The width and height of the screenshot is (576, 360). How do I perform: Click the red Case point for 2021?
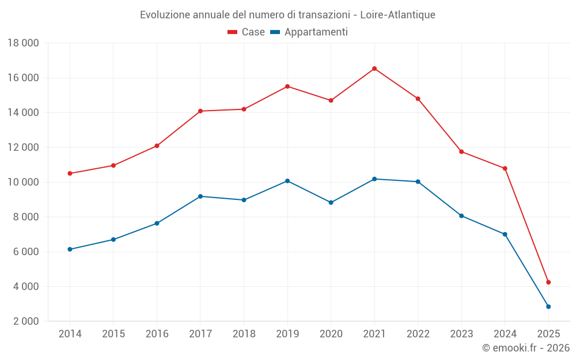coord(374,69)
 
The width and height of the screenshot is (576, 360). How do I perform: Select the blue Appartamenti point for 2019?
coord(287,181)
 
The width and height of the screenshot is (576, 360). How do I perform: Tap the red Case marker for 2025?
coord(548,282)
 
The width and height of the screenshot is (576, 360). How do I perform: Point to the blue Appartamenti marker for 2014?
coord(70,249)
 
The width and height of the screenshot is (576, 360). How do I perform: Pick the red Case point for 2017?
coord(200,111)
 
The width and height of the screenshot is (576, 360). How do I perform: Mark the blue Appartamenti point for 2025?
coord(548,306)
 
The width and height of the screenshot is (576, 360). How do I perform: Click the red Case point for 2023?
coord(461,151)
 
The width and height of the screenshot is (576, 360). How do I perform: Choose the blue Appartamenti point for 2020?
coord(331,203)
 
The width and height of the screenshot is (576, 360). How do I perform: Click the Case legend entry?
coord(247,32)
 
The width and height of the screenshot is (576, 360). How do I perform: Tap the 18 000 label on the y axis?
coord(23,43)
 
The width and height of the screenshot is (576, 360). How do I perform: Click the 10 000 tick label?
coord(23,182)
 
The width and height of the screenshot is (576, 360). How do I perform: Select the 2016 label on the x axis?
coord(157,334)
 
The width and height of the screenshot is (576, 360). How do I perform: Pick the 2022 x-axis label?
coord(418,334)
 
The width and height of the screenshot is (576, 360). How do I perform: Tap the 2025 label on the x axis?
coord(548,334)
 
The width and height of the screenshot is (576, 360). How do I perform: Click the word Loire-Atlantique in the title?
coord(397,14)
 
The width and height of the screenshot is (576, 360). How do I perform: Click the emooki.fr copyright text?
coord(526,348)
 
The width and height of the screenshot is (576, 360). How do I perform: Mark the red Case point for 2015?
coord(113,165)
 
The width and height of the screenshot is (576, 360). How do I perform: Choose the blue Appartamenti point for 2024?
coord(505,234)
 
